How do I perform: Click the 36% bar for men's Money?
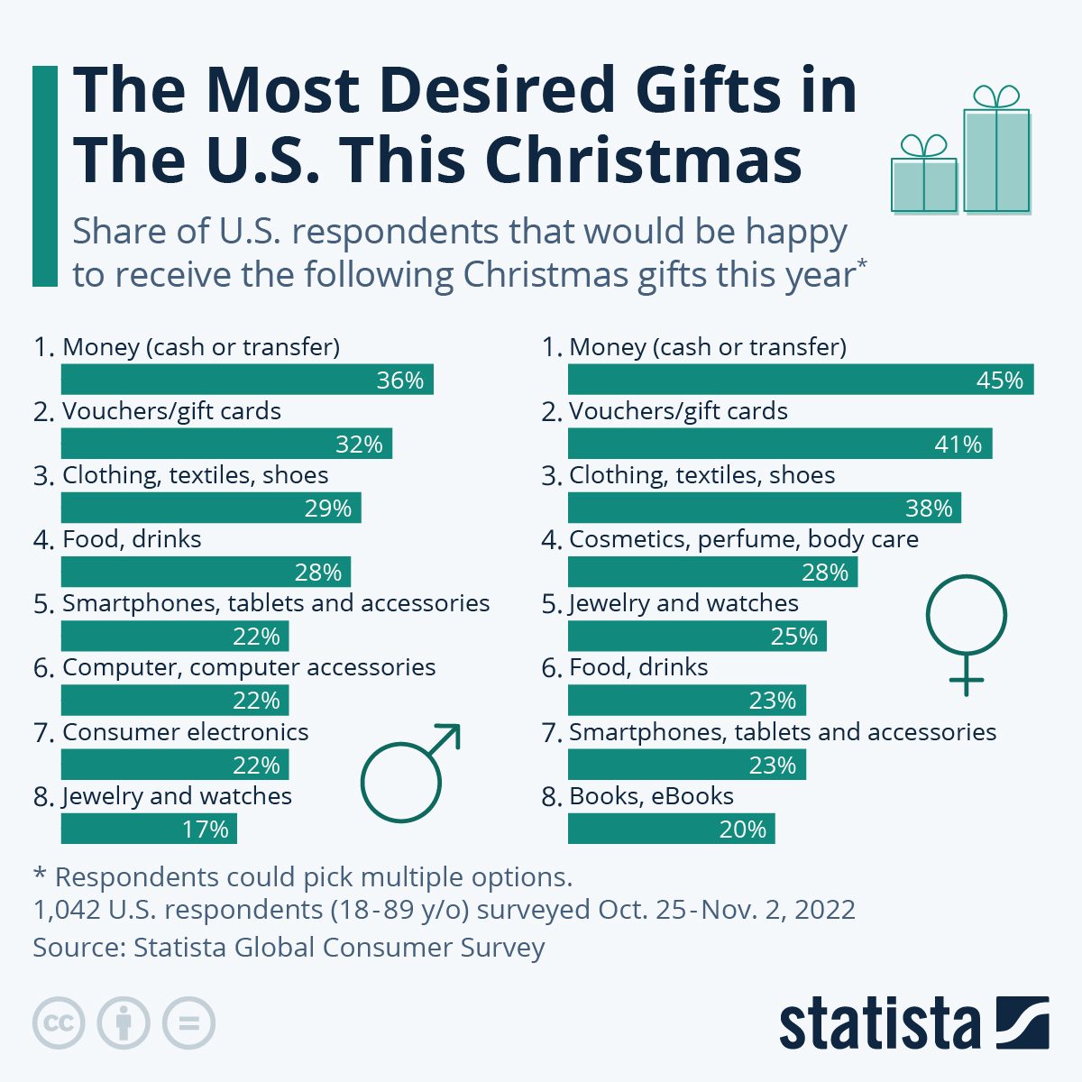click(x=247, y=380)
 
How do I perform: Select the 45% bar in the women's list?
click(x=801, y=380)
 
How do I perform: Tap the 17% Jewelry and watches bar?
click(x=149, y=829)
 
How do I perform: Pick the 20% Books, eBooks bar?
click(x=671, y=829)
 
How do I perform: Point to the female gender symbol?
click(x=966, y=631)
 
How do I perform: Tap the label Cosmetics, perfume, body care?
click(x=744, y=539)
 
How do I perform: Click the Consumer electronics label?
click(x=185, y=732)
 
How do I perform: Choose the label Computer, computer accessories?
click(x=249, y=667)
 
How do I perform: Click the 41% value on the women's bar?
click(x=958, y=445)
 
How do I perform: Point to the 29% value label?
click(x=328, y=509)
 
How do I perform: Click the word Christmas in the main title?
click(x=643, y=160)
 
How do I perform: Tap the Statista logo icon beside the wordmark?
click(x=1022, y=1023)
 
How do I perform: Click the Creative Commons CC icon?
click(x=59, y=1023)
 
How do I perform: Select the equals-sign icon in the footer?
click(x=188, y=1023)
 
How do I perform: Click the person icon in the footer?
click(x=124, y=1023)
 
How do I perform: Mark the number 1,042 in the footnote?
click(x=67, y=910)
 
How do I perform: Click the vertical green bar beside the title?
click(x=44, y=176)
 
